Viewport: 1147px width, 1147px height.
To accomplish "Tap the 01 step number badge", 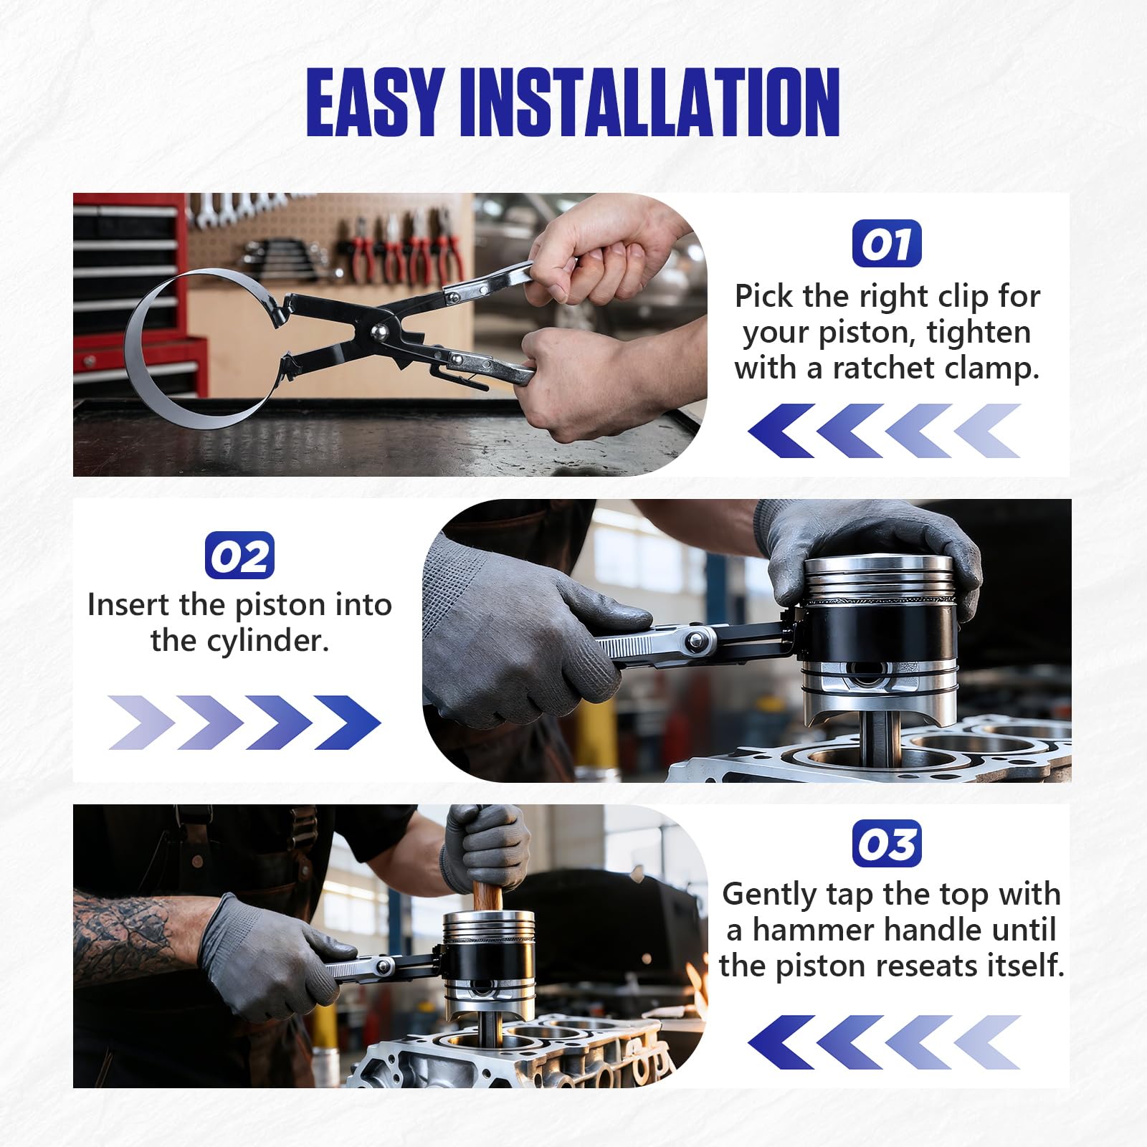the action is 887,244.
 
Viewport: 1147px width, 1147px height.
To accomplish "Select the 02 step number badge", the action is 239,555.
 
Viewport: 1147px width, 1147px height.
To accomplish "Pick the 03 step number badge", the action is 887,843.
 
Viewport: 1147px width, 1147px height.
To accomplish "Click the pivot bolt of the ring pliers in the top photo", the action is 378,331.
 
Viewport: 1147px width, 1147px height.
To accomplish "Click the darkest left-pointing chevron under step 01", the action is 781,431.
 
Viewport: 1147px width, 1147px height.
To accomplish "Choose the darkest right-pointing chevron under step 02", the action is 348,723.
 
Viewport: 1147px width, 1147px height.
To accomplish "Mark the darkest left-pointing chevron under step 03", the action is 781,1042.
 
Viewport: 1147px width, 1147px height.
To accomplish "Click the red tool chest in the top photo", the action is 136,294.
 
